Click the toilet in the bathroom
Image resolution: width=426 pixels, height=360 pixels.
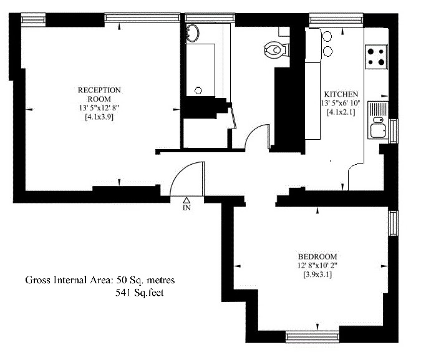pos(275,50)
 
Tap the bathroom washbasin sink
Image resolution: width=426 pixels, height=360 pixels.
pos(192,33)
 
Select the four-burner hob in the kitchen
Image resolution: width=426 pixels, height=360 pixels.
pos(376,57)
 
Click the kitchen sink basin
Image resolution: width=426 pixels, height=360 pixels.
pos(377,130)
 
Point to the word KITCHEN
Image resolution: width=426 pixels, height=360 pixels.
pos(341,94)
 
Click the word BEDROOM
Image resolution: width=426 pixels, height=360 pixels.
pos(317,257)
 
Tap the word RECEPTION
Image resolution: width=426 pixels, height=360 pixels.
pos(99,90)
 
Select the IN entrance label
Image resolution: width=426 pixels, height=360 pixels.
pos(186,208)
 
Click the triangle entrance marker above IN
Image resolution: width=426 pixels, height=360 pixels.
pos(186,200)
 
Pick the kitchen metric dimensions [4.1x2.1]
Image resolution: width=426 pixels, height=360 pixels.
pos(341,112)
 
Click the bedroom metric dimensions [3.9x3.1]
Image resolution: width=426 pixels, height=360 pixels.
pos(317,275)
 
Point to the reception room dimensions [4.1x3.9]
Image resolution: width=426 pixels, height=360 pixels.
pos(99,117)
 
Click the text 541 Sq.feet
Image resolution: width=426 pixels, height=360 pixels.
pos(139,293)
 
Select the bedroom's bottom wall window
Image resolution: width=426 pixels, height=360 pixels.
pos(312,337)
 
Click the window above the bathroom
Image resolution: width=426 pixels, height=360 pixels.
pos(210,17)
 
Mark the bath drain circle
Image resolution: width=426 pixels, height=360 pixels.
pos(198,90)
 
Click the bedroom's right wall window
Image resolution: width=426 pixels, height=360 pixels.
pos(393,223)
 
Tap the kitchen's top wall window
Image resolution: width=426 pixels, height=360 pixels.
pos(336,20)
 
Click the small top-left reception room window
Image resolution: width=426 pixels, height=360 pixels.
pos(33,19)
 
